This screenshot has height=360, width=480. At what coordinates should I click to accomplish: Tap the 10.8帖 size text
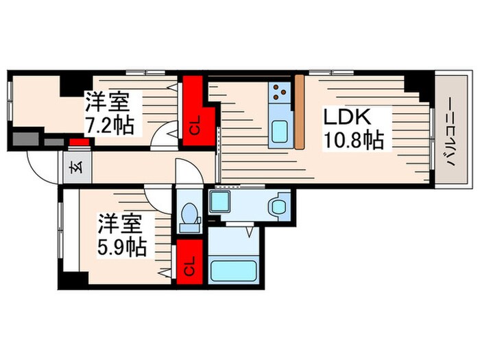coord(353,141)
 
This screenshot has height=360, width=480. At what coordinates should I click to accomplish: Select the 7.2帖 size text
coord(110,126)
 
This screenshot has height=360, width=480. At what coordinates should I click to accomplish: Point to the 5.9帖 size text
coord(122,246)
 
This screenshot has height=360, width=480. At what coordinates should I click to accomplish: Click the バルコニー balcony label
coord(446,132)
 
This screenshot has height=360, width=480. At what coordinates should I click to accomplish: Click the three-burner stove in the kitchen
coord(280,91)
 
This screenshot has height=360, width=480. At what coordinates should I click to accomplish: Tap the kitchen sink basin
coord(279,132)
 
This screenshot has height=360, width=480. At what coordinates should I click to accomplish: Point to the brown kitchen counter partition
coord(299,110)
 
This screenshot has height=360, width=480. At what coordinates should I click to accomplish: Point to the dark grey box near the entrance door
coord(25,138)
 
